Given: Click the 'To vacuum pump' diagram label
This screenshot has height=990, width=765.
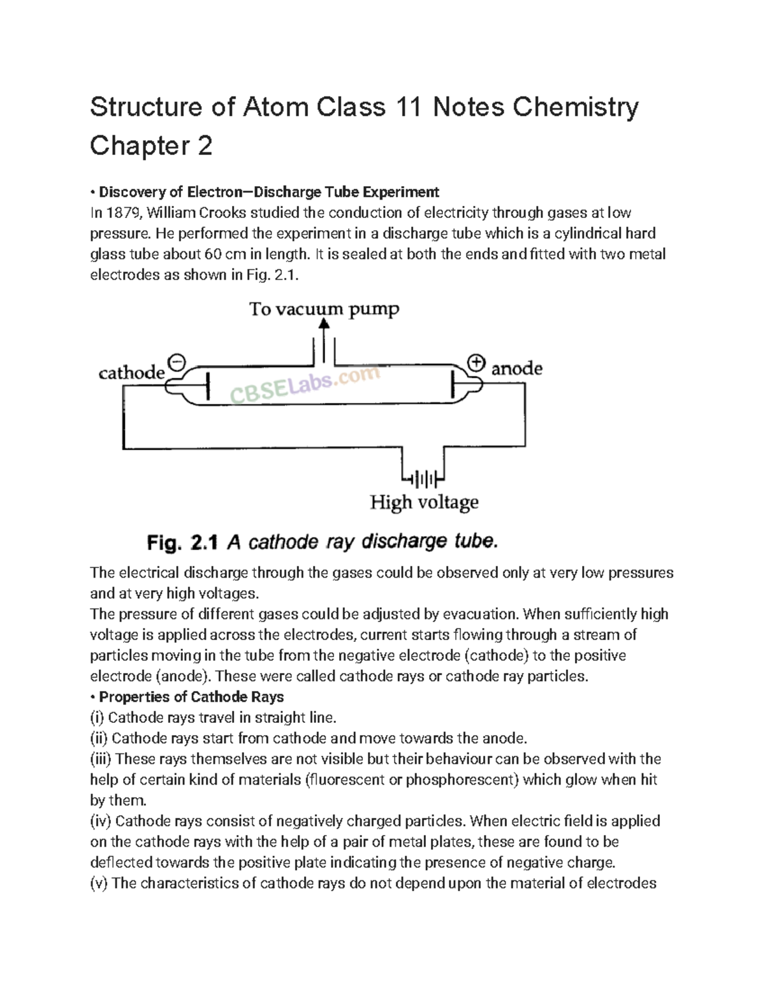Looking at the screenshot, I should pos(324,310).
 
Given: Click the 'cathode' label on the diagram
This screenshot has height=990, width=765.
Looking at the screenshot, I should pos(131,373).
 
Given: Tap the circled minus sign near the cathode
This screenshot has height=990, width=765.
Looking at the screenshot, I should pos(177,363).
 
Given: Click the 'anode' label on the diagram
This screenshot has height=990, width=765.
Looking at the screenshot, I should pos(516,368).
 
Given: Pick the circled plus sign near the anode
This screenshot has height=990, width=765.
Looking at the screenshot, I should pos(476,363).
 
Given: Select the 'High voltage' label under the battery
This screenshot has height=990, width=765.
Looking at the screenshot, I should pos(424,503).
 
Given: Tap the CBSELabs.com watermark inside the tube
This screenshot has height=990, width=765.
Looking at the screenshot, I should pos(305,385).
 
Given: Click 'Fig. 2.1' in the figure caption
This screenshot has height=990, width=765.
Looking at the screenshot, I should pos(182,543).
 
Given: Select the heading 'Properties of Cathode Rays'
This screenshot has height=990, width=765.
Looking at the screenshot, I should pos(191,697).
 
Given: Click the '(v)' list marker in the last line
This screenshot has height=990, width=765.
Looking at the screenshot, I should pos(99,884).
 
